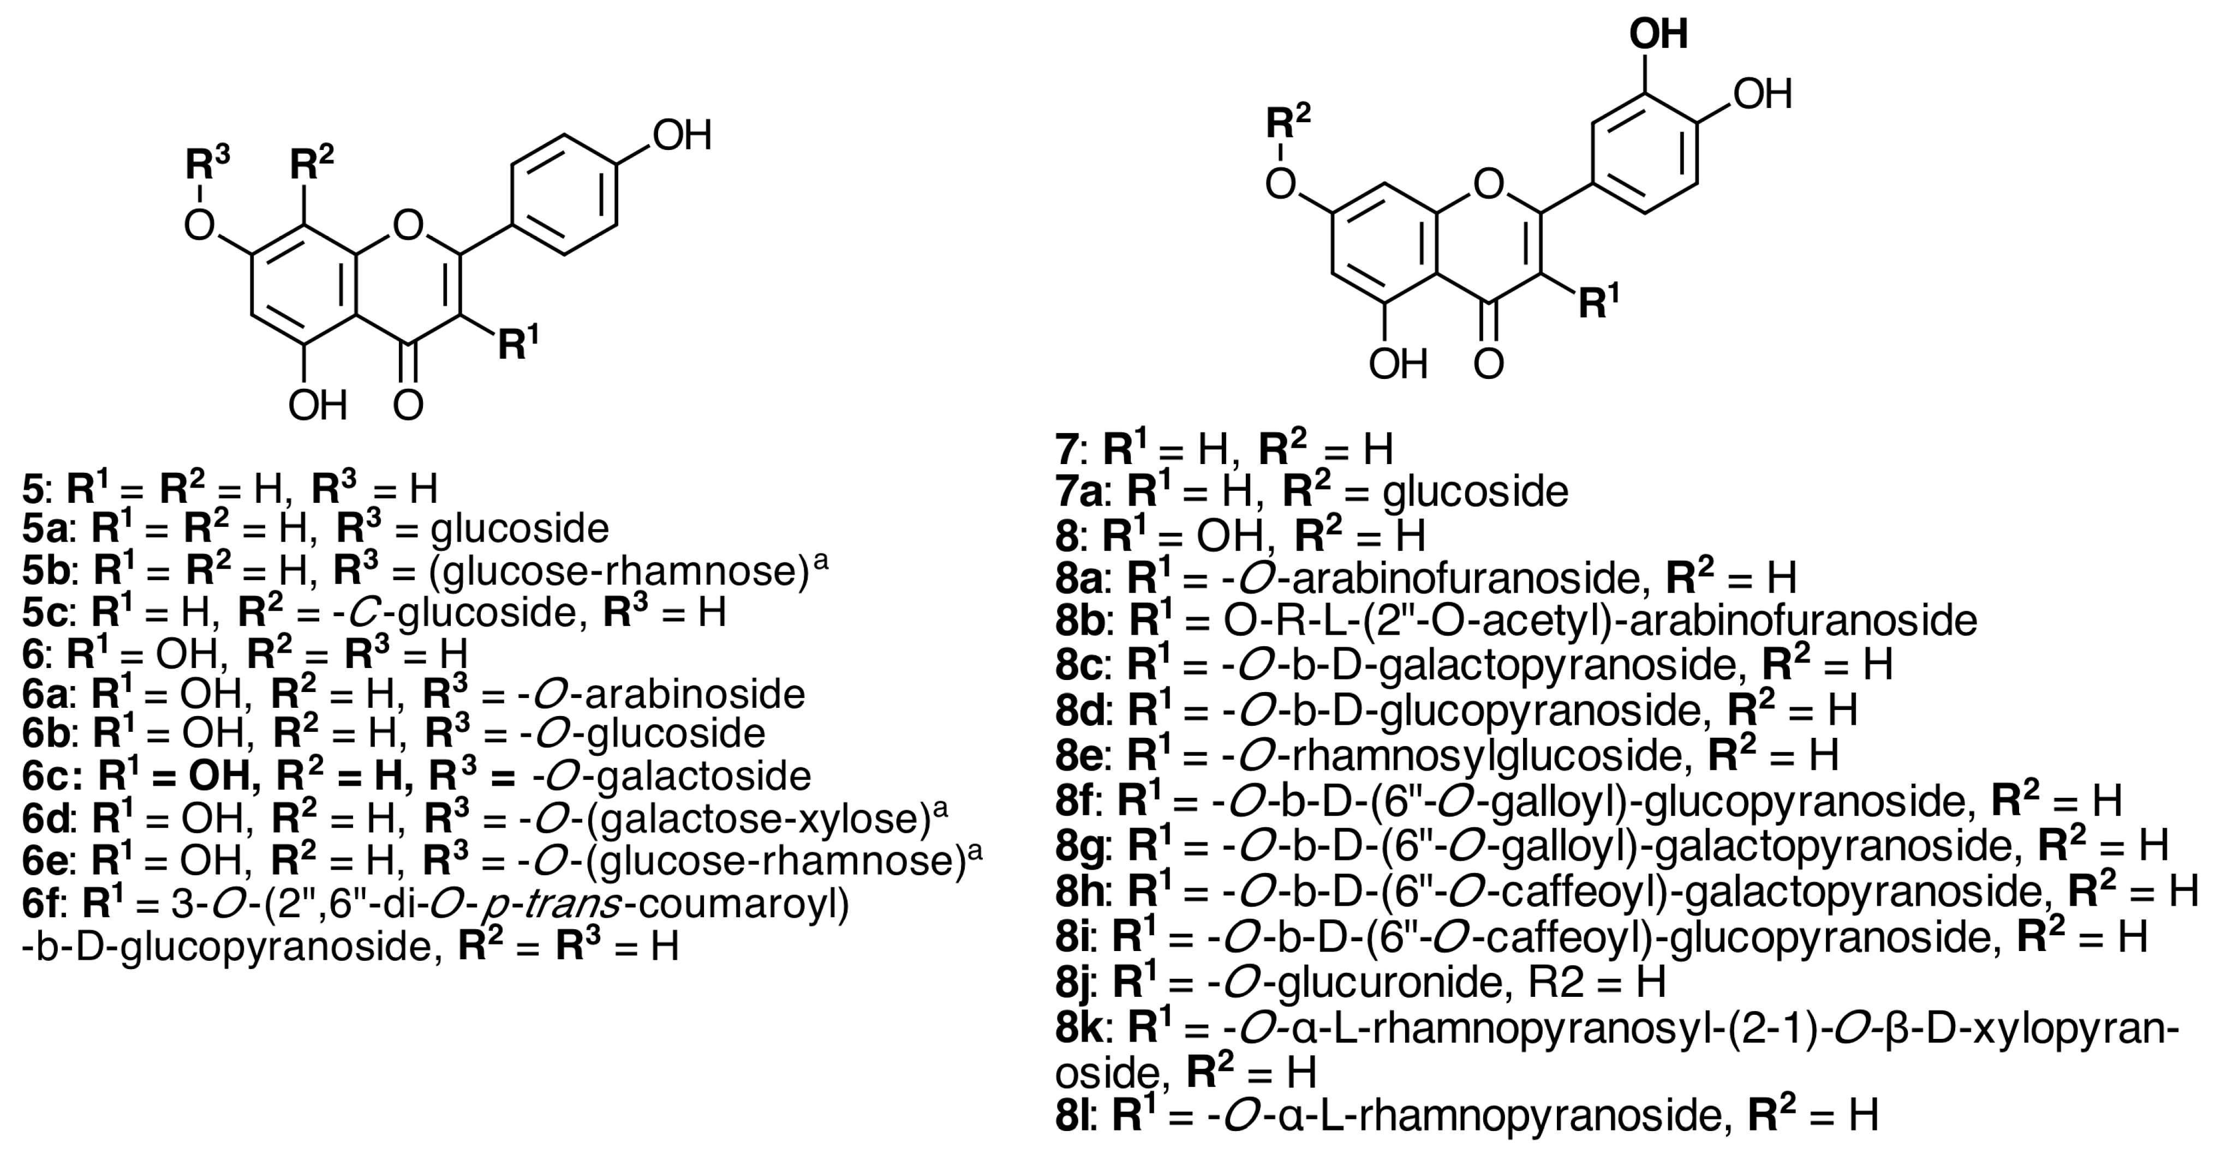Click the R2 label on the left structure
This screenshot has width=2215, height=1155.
311,163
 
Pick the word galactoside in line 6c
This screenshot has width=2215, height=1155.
702,776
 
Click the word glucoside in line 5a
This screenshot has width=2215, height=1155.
520,528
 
